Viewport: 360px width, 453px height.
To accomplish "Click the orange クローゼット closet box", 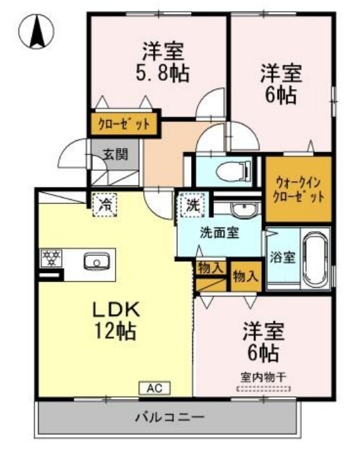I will (124, 124).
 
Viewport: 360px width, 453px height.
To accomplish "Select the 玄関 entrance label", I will (116, 154).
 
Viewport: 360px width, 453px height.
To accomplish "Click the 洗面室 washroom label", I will (220, 232).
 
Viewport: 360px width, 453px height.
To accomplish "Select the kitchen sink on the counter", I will (96, 261).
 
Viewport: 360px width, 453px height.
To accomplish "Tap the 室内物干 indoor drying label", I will (263, 378).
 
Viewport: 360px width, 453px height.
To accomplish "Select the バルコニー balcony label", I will (169, 418).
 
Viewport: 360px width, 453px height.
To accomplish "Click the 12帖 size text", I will (116, 331).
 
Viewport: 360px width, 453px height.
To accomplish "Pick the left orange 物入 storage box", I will (208, 268).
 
